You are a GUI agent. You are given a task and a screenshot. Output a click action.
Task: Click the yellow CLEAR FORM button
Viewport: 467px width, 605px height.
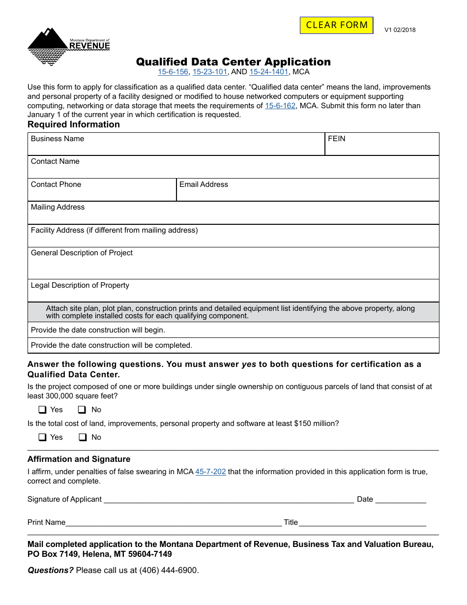(x=337, y=25)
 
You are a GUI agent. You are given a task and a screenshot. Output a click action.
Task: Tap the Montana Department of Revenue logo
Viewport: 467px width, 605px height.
(x=68, y=46)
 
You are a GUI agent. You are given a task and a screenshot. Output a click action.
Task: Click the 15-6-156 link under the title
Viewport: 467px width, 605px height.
(x=173, y=72)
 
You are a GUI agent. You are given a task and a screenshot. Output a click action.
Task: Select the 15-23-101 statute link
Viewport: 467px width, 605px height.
(x=209, y=72)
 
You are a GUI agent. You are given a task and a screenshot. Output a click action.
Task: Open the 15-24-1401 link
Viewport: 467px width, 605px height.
(x=268, y=72)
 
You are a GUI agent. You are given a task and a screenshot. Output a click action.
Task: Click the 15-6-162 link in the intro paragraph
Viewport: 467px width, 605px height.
(x=280, y=106)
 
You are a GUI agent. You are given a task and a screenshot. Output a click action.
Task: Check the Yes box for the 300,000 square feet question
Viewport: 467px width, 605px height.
(x=43, y=410)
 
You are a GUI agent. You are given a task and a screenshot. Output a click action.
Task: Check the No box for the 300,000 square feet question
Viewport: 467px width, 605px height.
(x=83, y=410)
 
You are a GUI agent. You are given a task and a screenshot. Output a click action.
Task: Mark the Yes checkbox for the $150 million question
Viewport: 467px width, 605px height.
(x=43, y=437)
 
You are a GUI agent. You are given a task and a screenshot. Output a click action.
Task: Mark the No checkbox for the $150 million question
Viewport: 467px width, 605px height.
(x=83, y=437)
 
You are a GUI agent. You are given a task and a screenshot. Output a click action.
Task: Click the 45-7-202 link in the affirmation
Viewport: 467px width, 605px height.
(x=210, y=472)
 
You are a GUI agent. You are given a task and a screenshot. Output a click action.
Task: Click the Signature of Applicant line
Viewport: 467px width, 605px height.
(x=229, y=499)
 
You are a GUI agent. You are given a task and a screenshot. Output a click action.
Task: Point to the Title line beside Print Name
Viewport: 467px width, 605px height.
(x=362, y=522)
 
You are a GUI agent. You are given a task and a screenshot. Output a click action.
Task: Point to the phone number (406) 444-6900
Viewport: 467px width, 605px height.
(x=168, y=571)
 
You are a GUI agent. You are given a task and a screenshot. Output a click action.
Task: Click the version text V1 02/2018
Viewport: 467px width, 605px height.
(x=400, y=30)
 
